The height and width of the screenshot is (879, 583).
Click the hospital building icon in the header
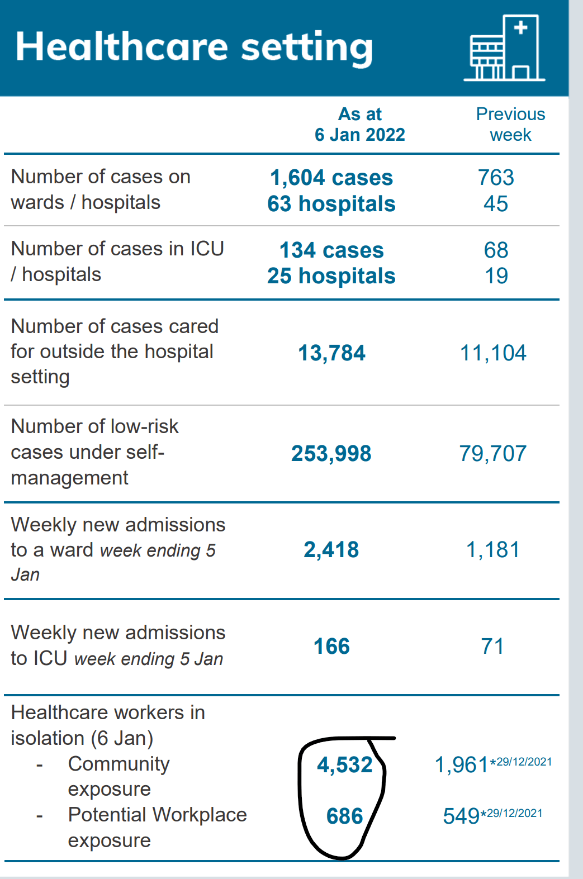click(x=504, y=49)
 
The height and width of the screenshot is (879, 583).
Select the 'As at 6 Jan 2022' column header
click(x=359, y=125)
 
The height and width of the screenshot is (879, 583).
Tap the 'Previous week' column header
click(x=510, y=125)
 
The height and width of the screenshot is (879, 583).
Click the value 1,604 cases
click(x=331, y=178)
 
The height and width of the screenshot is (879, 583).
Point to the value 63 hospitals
click(x=331, y=204)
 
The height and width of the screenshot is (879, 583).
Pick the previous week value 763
click(x=496, y=178)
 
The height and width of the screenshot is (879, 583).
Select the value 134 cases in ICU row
click(x=331, y=250)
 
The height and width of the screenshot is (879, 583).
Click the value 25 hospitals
click(x=331, y=276)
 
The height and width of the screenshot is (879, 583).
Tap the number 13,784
click(x=331, y=353)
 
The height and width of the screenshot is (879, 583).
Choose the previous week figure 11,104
click(x=493, y=353)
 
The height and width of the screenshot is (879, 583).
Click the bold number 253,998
click(x=331, y=454)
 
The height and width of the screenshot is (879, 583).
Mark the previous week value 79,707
click(x=493, y=454)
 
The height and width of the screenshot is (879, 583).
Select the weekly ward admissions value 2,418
click(x=331, y=550)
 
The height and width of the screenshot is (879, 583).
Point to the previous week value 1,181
click(x=493, y=550)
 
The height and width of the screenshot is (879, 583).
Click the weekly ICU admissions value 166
click(x=331, y=647)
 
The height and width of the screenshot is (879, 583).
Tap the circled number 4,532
click(x=344, y=765)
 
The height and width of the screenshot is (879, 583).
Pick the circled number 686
click(x=344, y=816)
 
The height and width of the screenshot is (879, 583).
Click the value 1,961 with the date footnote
click(x=462, y=765)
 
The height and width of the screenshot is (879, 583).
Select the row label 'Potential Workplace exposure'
click(x=157, y=828)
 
